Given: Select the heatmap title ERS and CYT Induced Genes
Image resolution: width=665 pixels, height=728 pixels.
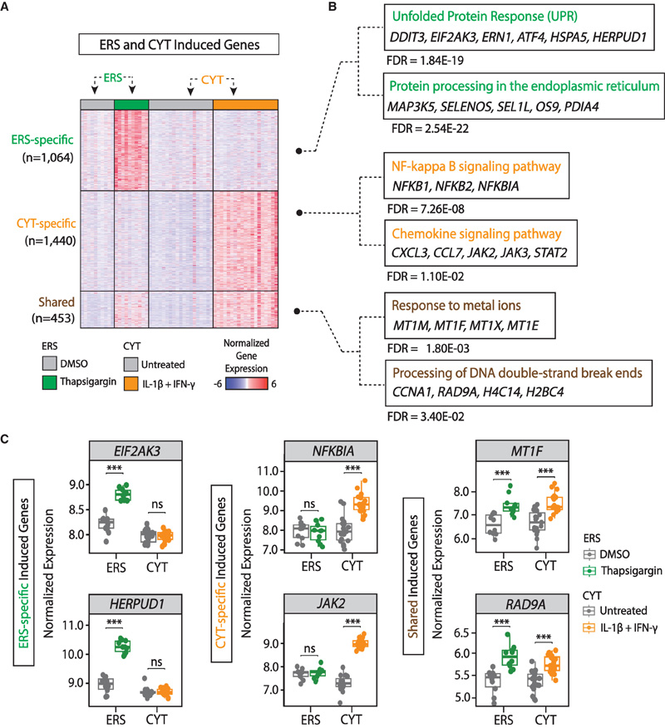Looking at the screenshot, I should [180, 45].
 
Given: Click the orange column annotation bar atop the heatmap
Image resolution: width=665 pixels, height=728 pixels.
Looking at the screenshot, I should [245, 104].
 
